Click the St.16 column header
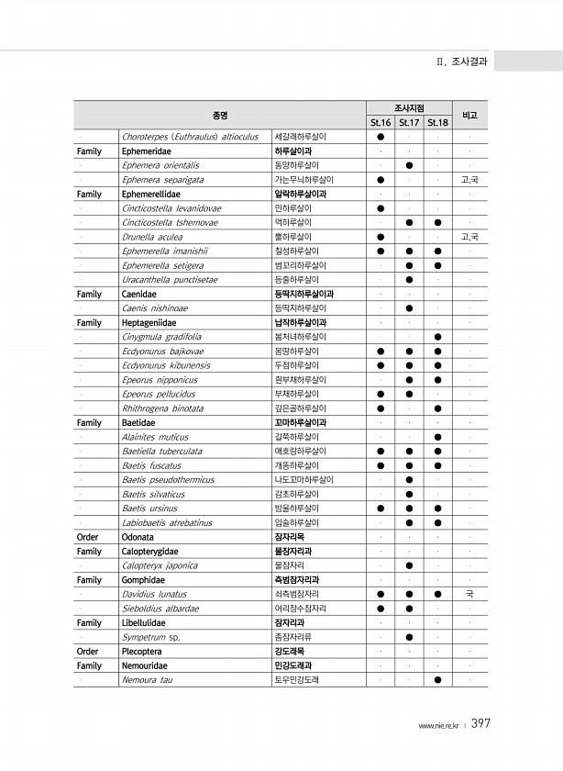pos(380,122)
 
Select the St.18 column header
pos(437,122)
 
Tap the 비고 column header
pos(469,115)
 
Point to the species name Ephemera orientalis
pos(160,165)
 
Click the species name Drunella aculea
pos(151,237)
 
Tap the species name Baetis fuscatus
pos(151,465)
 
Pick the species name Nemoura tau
pos(148,679)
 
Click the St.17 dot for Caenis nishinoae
pos(409,308)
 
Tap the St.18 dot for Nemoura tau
pos(437,679)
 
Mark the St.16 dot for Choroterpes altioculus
pos(380,137)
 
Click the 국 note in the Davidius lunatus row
pos(469,594)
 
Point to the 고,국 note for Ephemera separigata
pos(469,180)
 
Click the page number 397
pos(481,724)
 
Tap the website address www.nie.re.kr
pos(440,726)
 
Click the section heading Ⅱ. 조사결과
pos(462,62)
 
